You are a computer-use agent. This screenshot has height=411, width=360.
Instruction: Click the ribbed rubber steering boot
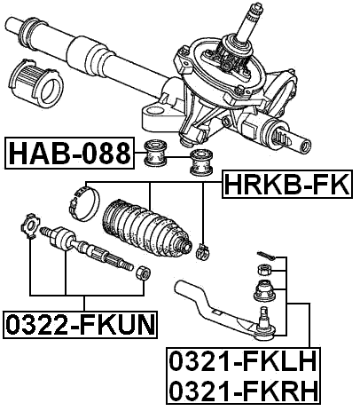point(146,233)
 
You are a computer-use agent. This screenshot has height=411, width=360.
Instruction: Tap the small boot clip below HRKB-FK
point(203,249)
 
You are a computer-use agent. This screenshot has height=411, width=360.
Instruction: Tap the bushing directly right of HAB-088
point(157,156)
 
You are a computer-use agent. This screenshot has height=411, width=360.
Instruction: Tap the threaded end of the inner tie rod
point(111,261)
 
